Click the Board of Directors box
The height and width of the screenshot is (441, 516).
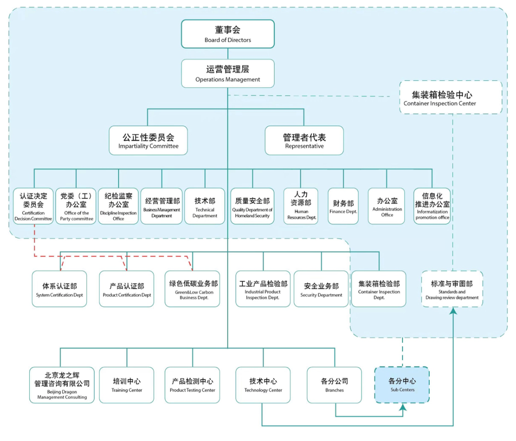(228, 34)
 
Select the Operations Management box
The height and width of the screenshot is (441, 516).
(228, 73)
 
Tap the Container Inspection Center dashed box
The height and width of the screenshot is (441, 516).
(450, 97)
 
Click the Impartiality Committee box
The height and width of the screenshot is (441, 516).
(148, 141)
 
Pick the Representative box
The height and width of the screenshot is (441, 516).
(304, 141)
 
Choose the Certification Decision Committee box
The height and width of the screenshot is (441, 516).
(33, 206)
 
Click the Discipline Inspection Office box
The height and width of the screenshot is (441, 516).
(118, 206)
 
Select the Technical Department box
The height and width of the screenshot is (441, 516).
(205, 206)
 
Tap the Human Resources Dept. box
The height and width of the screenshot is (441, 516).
(301, 206)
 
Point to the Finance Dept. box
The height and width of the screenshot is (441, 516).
(343, 206)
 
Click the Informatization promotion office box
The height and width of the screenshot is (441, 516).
(432, 206)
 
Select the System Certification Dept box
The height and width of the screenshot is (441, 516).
(59, 289)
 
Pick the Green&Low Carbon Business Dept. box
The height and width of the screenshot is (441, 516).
(192, 289)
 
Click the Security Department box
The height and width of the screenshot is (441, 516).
(321, 289)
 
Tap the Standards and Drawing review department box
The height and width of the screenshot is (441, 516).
(452, 289)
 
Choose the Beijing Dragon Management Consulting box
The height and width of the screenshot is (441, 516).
(62, 385)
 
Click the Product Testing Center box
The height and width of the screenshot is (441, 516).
(192, 385)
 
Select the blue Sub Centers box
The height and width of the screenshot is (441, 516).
(402, 385)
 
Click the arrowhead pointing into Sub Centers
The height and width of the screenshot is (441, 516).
(402, 407)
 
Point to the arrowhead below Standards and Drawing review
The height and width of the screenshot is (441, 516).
(453, 311)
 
